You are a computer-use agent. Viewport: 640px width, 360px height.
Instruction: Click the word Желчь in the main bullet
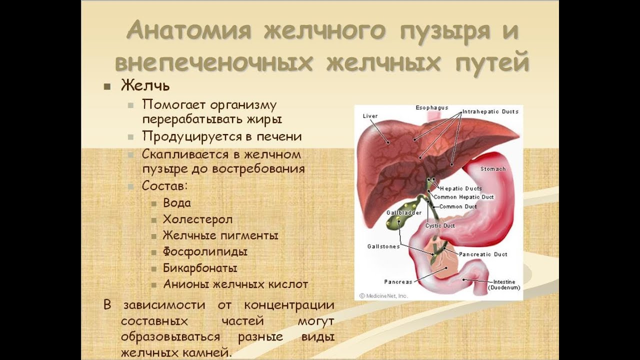coord(145,85)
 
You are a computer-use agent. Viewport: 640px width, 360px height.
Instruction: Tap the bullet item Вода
coord(177,203)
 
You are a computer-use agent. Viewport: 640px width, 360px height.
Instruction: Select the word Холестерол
coord(197,219)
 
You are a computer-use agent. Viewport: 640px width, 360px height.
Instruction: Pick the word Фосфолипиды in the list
coord(205,252)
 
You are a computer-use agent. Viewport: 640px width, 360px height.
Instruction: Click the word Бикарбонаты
coord(200,268)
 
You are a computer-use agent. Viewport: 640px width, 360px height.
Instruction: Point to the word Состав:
coord(165,186)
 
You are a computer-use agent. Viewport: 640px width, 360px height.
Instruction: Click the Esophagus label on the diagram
coord(431,108)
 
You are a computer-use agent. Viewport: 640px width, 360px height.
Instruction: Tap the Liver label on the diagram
coord(370,116)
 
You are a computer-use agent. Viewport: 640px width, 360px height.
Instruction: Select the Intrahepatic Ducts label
coord(490,111)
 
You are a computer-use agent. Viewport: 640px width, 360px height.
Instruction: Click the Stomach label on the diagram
coord(493,169)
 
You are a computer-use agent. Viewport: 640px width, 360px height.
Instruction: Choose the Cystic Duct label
coord(440,225)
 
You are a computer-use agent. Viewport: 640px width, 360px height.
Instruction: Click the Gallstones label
coord(383,246)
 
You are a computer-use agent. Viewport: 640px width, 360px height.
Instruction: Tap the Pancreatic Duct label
coord(483,254)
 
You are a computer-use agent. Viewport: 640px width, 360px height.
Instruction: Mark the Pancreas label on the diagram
coord(398,282)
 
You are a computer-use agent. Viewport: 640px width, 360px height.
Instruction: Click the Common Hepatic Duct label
coord(463,197)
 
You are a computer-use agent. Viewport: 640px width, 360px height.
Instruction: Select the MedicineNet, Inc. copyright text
coord(383,296)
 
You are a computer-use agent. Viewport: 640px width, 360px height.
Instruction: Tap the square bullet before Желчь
coord(107,86)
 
